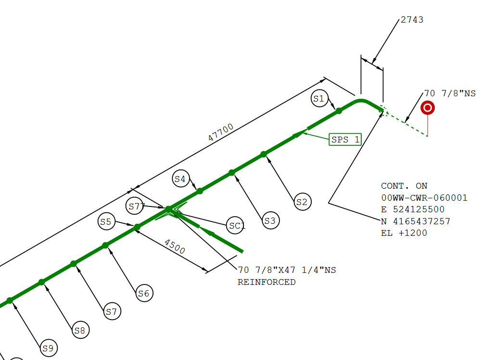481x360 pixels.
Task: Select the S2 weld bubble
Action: click(x=302, y=202)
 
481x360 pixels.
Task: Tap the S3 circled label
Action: click(x=271, y=221)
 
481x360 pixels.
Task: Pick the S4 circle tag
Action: click(x=180, y=179)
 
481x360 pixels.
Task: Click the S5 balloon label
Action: click(x=106, y=222)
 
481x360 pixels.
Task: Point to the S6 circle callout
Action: click(x=144, y=293)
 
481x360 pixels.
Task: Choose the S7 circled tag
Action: click(x=112, y=311)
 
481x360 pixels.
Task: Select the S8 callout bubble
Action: click(x=80, y=330)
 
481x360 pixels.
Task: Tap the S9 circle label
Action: click(x=48, y=348)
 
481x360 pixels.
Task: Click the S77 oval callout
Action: click(x=137, y=206)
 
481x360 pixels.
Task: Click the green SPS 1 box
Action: click(x=345, y=140)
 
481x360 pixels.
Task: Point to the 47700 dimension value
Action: click(x=221, y=132)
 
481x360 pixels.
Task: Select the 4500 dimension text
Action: click(x=175, y=246)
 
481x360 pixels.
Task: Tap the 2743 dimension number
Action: click(x=412, y=20)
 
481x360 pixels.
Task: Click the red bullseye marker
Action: click(x=427, y=108)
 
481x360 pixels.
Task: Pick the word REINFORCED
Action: click(x=266, y=282)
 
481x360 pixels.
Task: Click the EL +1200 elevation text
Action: click(x=404, y=233)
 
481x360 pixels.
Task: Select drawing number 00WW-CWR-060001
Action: click(x=424, y=198)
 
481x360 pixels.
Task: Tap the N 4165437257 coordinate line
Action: click(x=416, y=221)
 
